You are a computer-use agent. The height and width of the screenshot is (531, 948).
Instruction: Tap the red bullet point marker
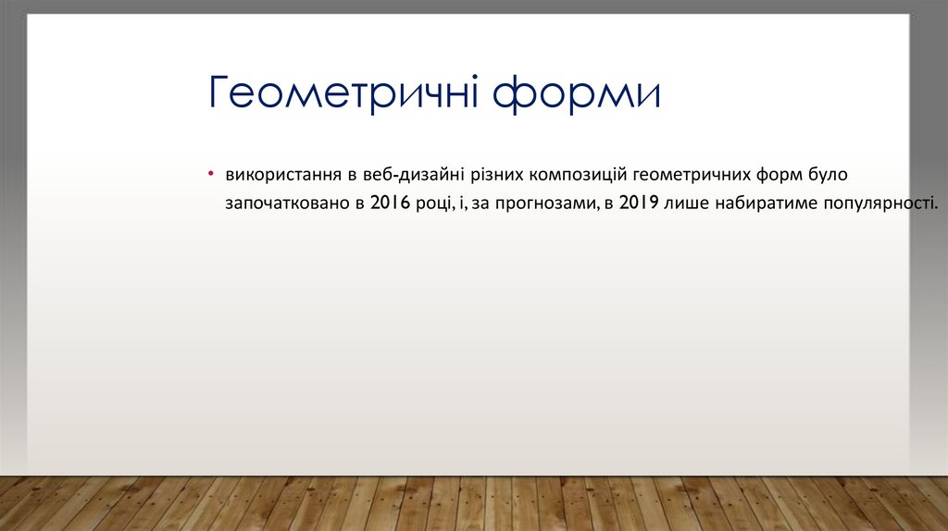(x=211, y=174)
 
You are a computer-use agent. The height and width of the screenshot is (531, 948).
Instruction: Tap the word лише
(x=686, y=203)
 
